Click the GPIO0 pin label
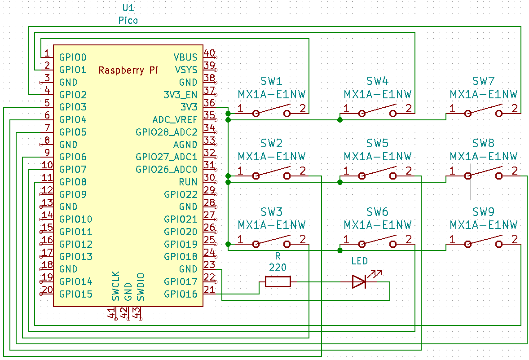coord(72,57)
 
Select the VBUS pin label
coord(185,57)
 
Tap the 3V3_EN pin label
coord(180,95)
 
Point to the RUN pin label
coord(188,182)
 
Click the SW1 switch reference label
coord(272,81)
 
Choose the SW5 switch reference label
coord(377,144)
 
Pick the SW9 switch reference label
coord(483,212)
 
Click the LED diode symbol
coord(359,282)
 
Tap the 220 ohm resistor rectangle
coord(278,282)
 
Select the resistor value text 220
coord(278,268)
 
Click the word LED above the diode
coord(359,261)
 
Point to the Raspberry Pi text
coord(128,70)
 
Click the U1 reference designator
coord(128,9)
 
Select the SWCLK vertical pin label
coord(116,286)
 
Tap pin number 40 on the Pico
coord(209,53)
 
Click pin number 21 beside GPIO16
coord(209,290)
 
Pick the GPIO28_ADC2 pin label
coord(166,132)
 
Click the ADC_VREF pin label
coord(175,120)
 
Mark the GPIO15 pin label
coord(75,294)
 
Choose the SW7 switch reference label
coord(483,81)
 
